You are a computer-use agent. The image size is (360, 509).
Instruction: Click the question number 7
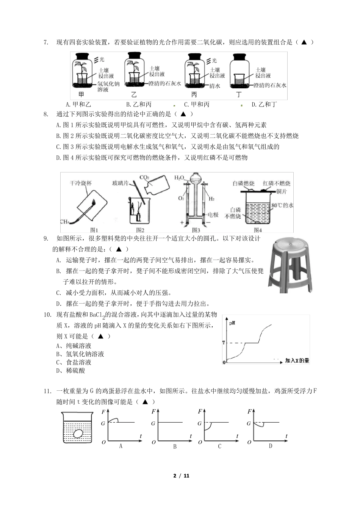click(46, 42)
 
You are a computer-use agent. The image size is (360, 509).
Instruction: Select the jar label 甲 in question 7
click(81, 95)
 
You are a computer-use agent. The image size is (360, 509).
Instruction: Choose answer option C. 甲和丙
click(196, 105)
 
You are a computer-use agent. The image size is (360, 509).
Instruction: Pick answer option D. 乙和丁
click(264, 105)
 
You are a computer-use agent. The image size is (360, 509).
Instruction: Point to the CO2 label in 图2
click(144, 177)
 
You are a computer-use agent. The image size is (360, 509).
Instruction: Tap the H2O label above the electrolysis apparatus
click(179, 177)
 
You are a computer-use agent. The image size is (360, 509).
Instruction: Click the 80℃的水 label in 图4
click(282, 205)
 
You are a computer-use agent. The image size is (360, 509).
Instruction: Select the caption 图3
click(196, 230)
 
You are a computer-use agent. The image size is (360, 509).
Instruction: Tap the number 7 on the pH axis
click(224, 343)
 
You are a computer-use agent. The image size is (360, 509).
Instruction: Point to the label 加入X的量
click(297, 360)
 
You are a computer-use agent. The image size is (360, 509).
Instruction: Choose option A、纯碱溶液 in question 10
click(74, 346)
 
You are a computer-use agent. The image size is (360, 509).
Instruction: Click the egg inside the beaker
click(79, 434)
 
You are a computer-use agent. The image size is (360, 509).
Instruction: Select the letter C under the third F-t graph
click(219, 446)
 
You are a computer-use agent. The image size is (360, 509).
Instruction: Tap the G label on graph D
click(249, 423)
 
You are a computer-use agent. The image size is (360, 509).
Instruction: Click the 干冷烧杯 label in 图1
click(81, 183)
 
